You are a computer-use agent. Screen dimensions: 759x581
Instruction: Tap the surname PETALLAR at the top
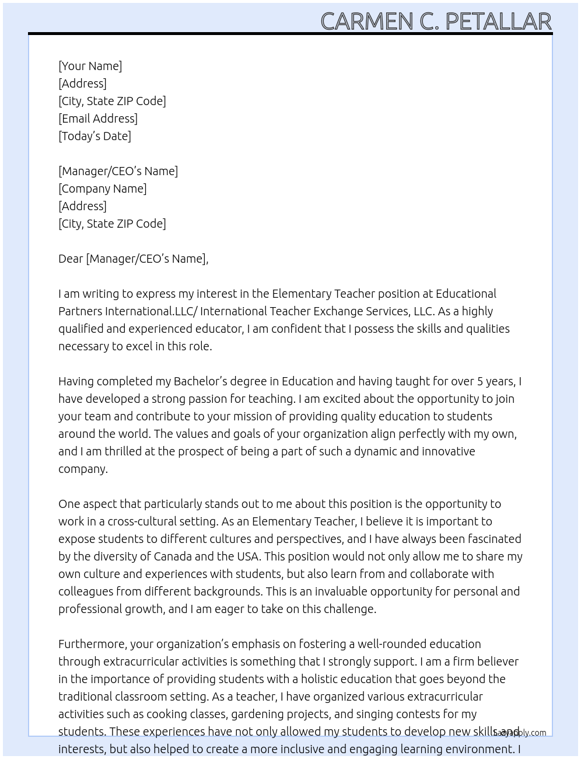click(498, 22)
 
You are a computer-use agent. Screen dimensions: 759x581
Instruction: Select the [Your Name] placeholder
click(90, 66)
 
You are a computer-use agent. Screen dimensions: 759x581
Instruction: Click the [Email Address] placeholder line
click(98, 119)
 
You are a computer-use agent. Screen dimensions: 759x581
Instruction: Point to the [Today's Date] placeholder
click(94, 136)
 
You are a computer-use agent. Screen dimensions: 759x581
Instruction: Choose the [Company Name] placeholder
click(102, 189)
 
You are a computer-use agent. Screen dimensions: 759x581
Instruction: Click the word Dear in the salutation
click(71, 259)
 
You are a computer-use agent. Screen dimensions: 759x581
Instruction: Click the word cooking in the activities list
click(166, 714)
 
